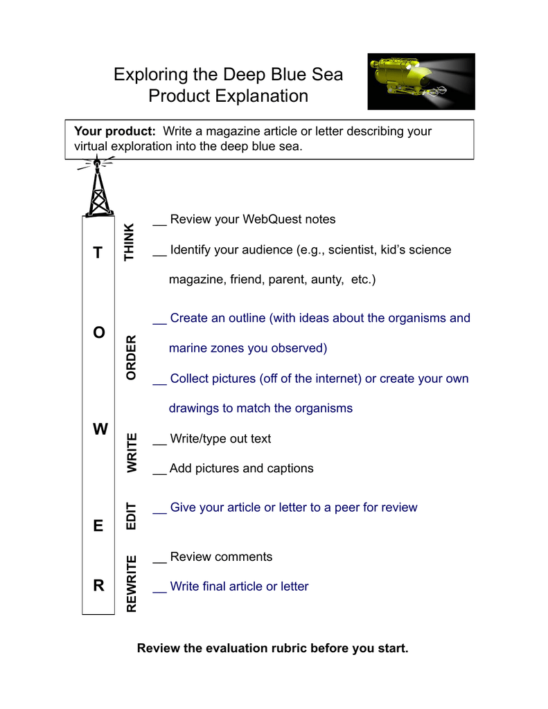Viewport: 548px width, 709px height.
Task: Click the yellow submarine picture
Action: coord(421,82)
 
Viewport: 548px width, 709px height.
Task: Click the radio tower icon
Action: coord(97,186)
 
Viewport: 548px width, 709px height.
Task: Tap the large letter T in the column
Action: coord(98,252)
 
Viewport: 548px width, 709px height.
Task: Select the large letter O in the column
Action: coord(98,332)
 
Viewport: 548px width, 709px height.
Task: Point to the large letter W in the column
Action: coord(100,429)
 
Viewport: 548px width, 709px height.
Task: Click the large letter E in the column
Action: coord(98,526)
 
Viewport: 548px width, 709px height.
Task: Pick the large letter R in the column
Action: coord(98,586)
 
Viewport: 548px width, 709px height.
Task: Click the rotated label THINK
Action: coord(130,242)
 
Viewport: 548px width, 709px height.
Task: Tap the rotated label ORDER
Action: coord(131,358)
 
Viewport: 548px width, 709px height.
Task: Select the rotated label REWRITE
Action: coord(131,584)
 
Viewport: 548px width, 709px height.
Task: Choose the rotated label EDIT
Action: coord(131,516)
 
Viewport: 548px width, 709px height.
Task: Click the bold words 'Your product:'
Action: coord(115,131)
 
